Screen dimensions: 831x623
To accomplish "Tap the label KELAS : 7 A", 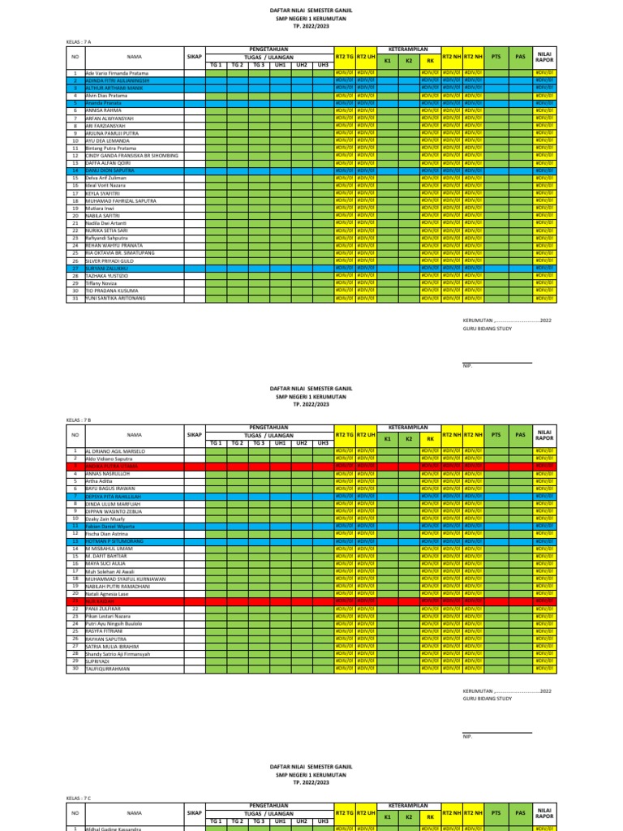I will (x=79, y=41).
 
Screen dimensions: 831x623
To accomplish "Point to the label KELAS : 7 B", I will (x=79, y=420).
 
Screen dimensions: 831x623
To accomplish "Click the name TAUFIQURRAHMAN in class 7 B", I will (x=109, y=669).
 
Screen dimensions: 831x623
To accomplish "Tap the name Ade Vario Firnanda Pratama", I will (x=118, y=73).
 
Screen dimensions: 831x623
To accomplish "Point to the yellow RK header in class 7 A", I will (x=431, y=62).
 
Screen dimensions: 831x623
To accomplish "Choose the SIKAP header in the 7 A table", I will (x=194, y=57).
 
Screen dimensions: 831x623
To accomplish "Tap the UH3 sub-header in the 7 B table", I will (x=323, y=443).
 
